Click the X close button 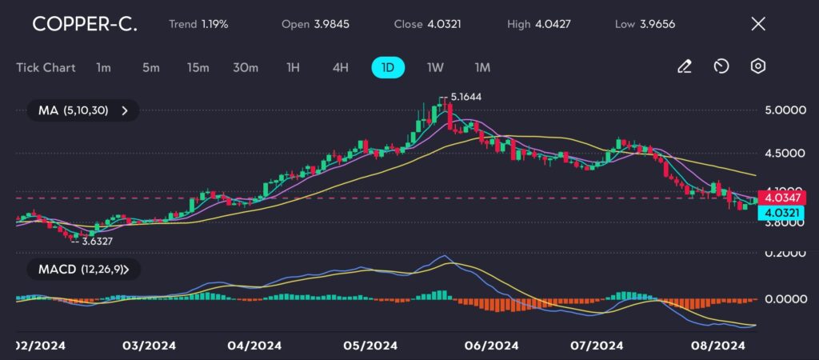pos(757,24)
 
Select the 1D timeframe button pos(388,67)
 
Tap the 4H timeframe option pos(341,67)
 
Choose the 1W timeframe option pos(435,67)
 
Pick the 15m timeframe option pos(198,67)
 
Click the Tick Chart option pos(46,67)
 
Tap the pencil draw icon pos(684,66)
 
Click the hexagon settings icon pos(757,66)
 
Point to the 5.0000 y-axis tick pos(785,110)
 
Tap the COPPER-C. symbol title pos(84,24)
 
